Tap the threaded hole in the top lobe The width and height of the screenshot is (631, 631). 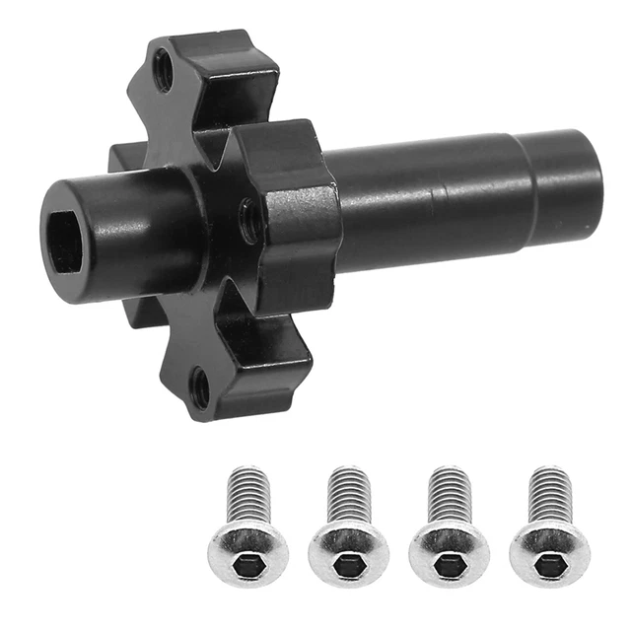point(164,69)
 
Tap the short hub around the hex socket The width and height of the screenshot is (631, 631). point(108,227)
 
